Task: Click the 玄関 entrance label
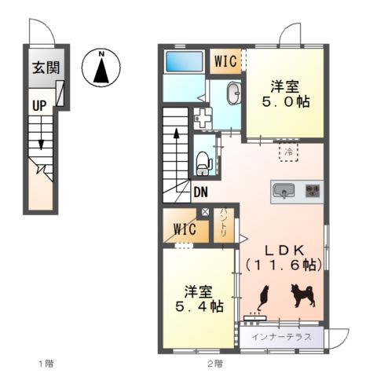(46, 68)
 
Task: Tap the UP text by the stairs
(39, 106)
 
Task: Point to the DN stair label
(201, 192)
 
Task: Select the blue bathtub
(185, 61)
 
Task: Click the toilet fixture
(203, 163)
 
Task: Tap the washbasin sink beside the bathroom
(233, 93)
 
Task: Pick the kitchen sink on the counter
(284, 191)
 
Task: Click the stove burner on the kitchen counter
(313, 191)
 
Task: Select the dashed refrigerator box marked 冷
(289, 152)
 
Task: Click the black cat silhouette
(263, 298)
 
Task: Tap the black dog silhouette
(302, 295)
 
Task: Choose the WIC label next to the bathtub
(225, 61)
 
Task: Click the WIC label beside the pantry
(185, 229)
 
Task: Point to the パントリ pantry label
(224, 223)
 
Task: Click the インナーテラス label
(282, 337)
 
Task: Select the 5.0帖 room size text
(286, 102)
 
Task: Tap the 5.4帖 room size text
(199, 306)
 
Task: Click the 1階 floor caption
(46, 364)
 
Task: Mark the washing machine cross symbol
(203, 119)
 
